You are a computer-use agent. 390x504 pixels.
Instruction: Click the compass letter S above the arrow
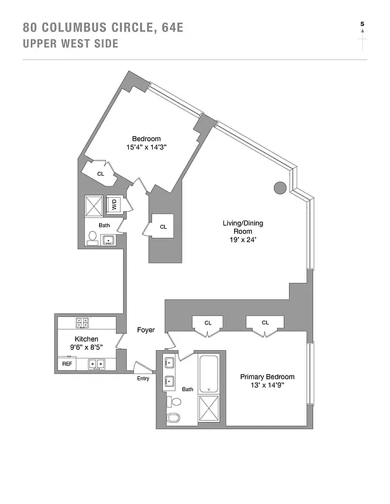click(x=362, y=24)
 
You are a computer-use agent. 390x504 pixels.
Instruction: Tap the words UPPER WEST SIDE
click(x=70, y=44)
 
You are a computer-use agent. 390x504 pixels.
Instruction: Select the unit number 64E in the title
click(x=170, y=28)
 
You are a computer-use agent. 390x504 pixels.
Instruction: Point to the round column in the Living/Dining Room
click(x=280, y=186)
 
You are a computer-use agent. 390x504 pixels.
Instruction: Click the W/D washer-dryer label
click(x=115, y=204)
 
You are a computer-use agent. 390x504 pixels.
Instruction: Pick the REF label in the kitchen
click(x=67, y=364)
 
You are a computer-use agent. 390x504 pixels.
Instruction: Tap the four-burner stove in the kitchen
click(x=83, y=323)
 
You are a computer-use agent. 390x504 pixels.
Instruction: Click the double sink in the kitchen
click(x=97, y=364)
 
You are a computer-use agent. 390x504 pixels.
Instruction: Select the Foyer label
click(x=146, y=330)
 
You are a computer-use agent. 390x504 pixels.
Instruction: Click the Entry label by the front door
click(x=144, y=378)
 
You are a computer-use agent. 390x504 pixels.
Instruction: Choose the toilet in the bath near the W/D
click(x=92, y=238)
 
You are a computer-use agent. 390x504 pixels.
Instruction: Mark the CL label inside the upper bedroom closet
click(x=100, y=173)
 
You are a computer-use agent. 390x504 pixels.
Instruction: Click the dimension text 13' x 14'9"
click(x=267, y=387)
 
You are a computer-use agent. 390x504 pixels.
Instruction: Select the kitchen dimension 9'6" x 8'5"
click(x=86, y=348)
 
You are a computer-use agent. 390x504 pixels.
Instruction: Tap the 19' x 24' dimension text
click(x=237, y=240)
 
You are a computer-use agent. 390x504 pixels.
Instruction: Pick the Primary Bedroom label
click(x=267, y=377)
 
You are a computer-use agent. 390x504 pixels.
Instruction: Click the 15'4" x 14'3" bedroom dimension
click(x=146, y=148)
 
